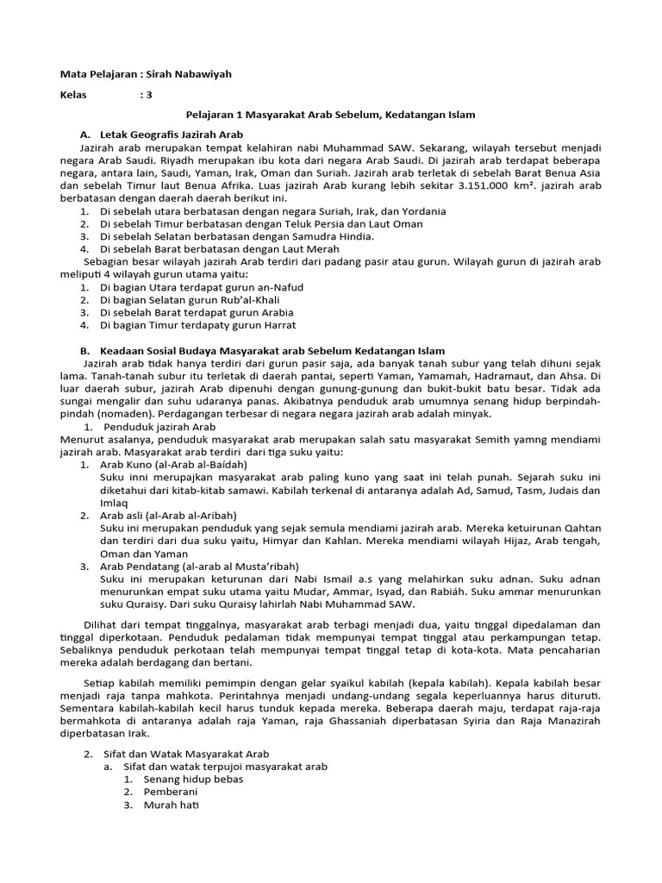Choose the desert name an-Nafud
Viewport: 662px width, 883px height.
(276, 286)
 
